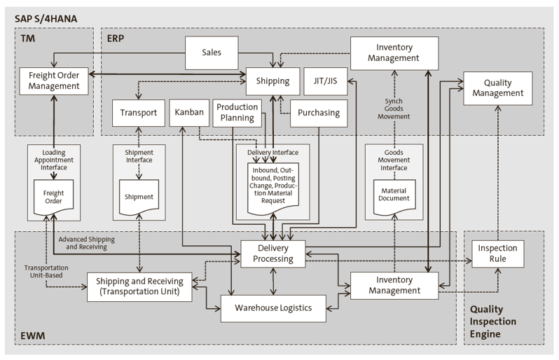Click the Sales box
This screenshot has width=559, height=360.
point(212,52)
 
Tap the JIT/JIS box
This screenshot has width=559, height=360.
point(321,81)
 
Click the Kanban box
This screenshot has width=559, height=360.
point(186,113)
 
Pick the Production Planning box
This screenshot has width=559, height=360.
point(237,112)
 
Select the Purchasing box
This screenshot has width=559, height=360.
point(319,113)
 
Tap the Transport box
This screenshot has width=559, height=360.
point(139,113)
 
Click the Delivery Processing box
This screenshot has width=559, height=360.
point(273,252)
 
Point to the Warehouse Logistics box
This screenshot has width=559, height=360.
point(273,307)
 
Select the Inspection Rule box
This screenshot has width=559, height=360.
point(497,254)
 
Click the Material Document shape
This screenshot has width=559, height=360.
point(394,195)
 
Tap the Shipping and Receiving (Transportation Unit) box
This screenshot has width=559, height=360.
point(139,286)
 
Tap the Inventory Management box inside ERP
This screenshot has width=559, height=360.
point(394,53)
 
